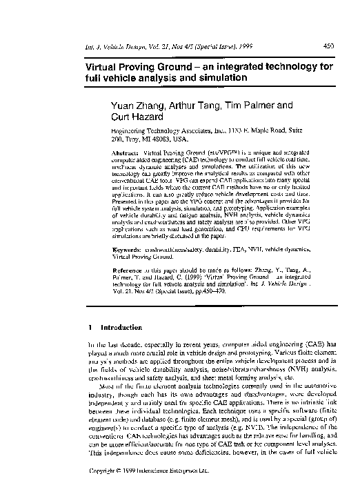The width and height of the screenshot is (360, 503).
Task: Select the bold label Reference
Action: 126,271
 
